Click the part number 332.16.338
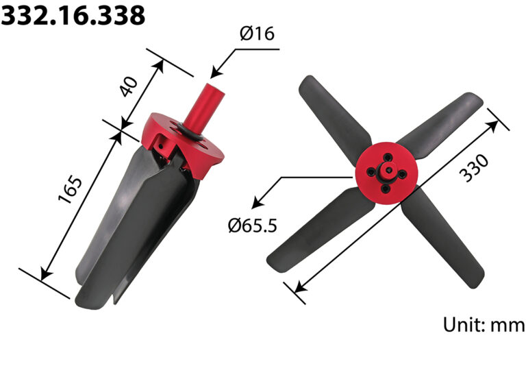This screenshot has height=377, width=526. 73,15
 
